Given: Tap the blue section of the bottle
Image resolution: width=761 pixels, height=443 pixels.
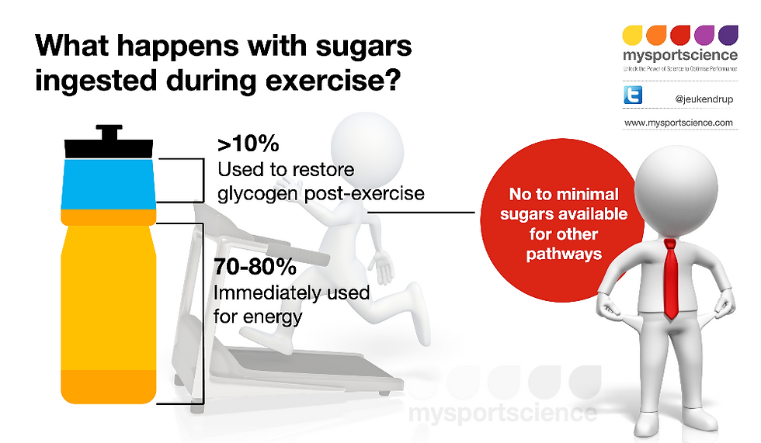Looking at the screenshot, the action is click(109, 184).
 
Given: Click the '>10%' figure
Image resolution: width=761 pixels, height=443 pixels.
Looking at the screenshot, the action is click(248, 144).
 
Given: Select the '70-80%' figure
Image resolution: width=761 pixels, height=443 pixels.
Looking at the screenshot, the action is click(255, 267).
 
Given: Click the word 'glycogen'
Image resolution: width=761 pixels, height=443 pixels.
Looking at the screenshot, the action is click(258, 194).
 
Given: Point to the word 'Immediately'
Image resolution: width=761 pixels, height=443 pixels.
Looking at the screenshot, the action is click(267, 292).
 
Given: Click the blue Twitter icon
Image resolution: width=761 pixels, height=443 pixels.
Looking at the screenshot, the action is click(633, 95).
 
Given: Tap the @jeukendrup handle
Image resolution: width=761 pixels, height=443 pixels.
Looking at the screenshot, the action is click(704, 99).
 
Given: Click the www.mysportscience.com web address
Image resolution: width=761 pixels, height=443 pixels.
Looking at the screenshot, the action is click(679, 123).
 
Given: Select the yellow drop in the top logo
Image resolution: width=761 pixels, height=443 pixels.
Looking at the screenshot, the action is click(632, 35).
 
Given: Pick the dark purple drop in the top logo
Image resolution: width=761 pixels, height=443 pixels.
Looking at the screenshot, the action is click(728, 35).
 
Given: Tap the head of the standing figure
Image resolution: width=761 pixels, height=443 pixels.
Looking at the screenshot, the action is click(676, 188).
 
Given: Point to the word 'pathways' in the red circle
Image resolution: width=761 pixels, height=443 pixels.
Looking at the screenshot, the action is click(564, 254).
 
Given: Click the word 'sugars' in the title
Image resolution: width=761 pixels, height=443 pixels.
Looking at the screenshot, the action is click(364, 47).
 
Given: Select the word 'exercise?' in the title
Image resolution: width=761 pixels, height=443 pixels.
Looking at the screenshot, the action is click(333, 81).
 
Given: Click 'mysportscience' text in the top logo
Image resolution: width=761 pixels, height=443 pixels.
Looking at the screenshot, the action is click(680, 55).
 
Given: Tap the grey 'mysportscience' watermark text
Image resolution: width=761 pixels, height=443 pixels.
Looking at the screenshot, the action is click(503, 413).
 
